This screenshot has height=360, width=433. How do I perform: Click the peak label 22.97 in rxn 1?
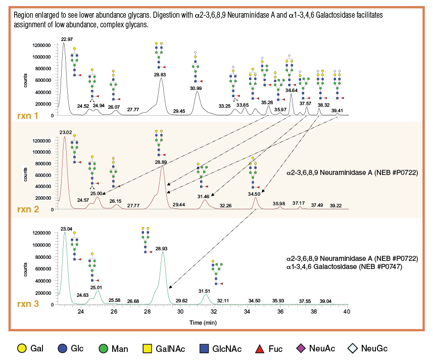pos(67,39)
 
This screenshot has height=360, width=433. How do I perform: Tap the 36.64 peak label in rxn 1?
pos(292,90)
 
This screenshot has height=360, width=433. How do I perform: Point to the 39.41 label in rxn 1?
pos(337,110)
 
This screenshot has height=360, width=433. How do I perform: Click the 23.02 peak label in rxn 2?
pos(66,132)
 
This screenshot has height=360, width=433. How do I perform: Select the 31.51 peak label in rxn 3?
pos(204,291)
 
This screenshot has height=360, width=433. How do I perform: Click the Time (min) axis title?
pos(203,322)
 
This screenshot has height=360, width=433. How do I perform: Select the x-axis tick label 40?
pos(347,312)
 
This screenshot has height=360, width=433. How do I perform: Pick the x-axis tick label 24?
pos(81,312)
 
